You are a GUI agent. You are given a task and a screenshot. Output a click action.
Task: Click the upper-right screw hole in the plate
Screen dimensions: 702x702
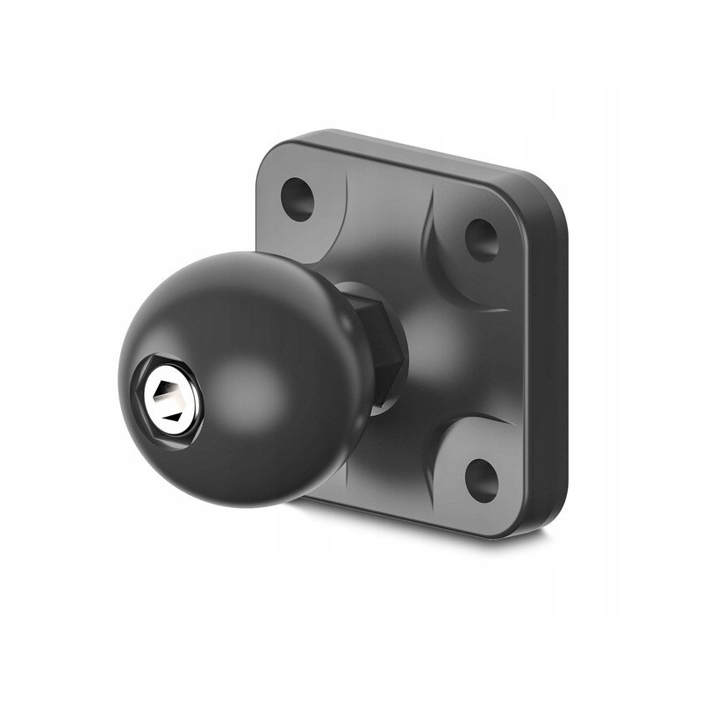click(481, 239)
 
